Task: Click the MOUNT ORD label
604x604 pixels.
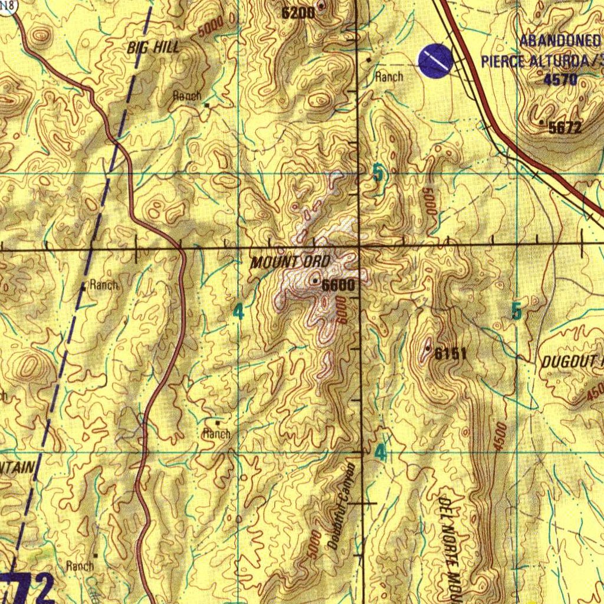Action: (290, 262)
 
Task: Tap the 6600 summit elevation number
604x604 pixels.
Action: (339, 285)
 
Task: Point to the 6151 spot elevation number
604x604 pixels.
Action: (451, 354)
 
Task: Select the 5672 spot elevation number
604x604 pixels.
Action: (564, 127)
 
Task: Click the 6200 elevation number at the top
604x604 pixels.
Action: (297, 12)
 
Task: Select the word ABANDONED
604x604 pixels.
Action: (560, 42)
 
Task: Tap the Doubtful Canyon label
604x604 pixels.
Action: (342, 507)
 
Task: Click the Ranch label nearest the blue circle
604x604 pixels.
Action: (389, 77)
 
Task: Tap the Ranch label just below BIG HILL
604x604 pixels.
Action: (187, 96)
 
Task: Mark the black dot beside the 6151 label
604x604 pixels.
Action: (428, 349)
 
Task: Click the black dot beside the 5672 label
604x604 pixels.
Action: (542, 122)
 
